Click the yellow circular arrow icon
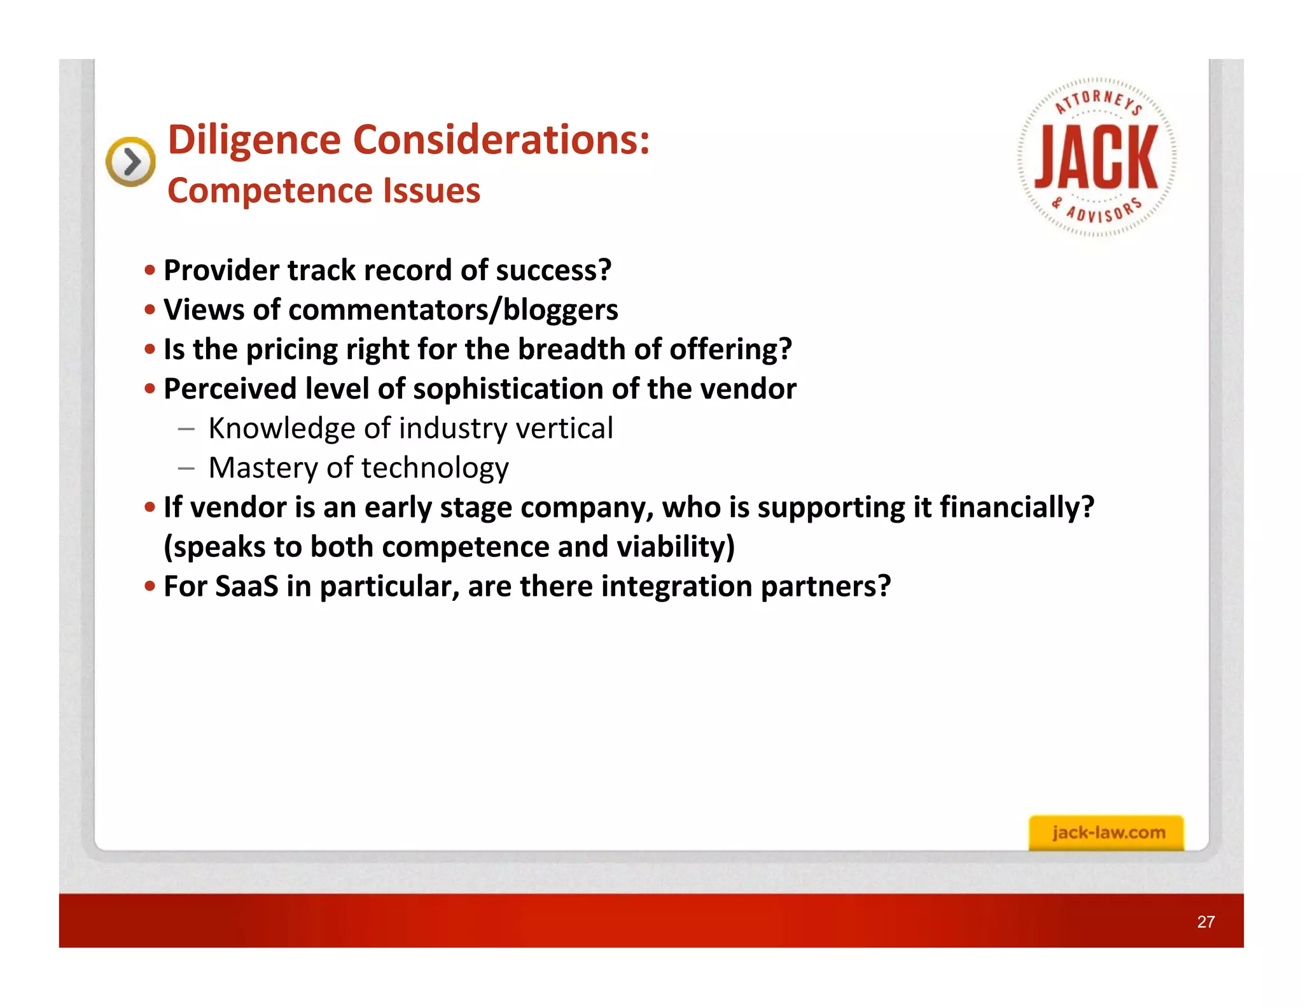tap(130, 162)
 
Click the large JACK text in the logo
tap(1096, 157)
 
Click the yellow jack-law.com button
tap(1107, 833)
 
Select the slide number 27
tap(1206, 922)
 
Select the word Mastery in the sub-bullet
tap(263, 468)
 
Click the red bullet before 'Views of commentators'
tap(150, 310)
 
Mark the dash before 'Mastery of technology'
tap(186, 468)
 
